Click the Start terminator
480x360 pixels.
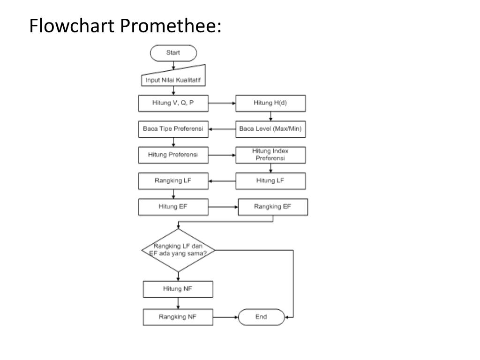(x=173, y=52)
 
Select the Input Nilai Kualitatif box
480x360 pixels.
(x=173, y=80)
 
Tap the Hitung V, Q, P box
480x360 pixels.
(x=173, y=103)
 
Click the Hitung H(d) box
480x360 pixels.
(x=270, y=103)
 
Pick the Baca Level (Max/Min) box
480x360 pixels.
(x=270, y=129)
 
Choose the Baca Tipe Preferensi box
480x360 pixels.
(x=173, y=129)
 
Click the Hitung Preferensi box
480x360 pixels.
(x=173, y=155)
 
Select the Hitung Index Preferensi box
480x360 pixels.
(x=270, y=155)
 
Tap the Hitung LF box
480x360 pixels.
(x=270, y=181)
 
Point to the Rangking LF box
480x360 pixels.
(x=173, y=181)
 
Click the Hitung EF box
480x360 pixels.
(x=173, y=207)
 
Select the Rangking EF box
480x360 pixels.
(x=273, y=207)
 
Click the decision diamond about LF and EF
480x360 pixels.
(x=178, y=250)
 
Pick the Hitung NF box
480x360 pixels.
(x=178, y=289)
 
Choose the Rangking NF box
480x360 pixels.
(x=178, y=317)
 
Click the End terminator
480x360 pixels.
(x=261, y=317)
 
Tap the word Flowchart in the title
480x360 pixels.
(x=72, y=26)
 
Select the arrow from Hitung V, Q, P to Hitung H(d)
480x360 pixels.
(x=222, y=103)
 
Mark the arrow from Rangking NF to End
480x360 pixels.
(x=225, y=317)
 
